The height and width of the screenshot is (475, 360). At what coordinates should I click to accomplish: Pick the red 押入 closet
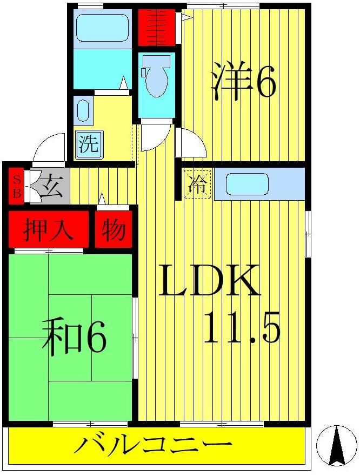coord(48,230)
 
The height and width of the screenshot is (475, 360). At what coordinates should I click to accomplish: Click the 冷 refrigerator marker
coord(198,184)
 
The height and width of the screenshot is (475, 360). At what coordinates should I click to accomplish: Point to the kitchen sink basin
coord(247,184)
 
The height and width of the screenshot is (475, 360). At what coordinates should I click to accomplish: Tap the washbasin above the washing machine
coord(83,110)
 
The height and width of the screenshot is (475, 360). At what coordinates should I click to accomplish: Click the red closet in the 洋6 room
coord(157,27)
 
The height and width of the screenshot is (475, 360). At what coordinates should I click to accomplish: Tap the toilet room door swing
coord(155,136)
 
